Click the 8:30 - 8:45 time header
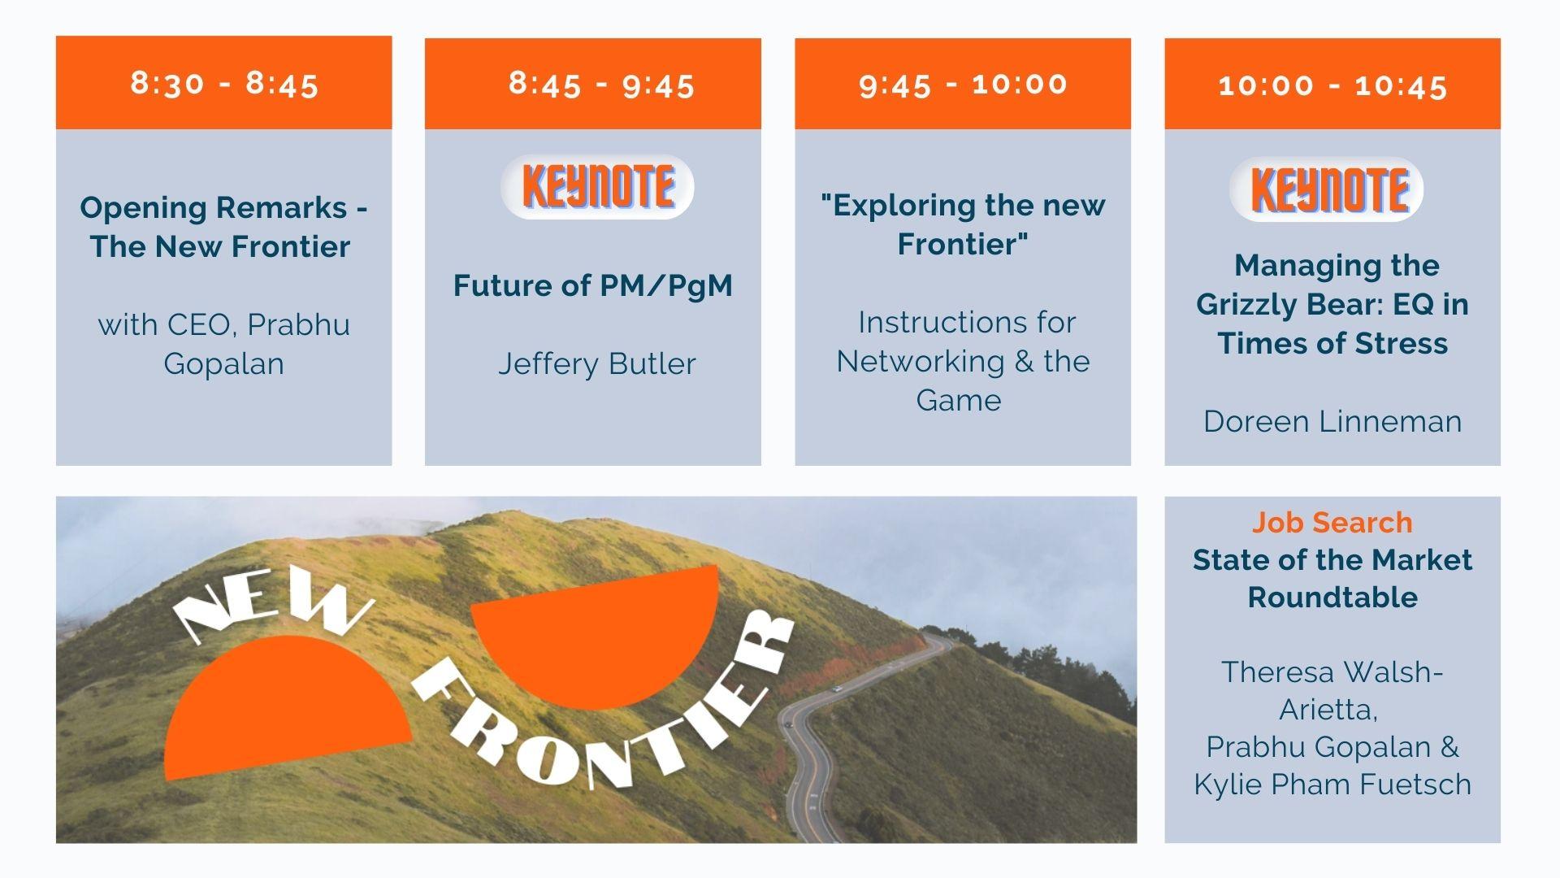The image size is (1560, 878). click(x=224, y=83)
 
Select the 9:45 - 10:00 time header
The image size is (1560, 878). click(x=963, y=83)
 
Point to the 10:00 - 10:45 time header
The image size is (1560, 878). click(x=1332, y=83)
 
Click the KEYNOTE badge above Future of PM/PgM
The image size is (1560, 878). click(x=598, y=186)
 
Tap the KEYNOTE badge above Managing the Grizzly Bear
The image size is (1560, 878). click(x=1327, y=189)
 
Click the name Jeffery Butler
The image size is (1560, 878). click(x=597, y=363)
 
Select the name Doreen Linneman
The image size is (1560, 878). click(x=1332, y=421)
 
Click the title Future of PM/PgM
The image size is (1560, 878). click(x=593, y=285)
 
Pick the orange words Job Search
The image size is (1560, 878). click(x=1332, y=522)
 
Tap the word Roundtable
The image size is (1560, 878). click(x=1332, y=598)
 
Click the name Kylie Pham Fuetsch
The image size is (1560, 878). click(x=1332, y=785)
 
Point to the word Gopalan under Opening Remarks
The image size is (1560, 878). click(x=224, y=363)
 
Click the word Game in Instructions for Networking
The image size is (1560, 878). click(x=959, y=400)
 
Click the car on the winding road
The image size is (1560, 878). click(x=836, y=690)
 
